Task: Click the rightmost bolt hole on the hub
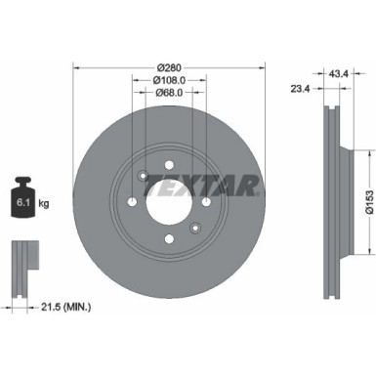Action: [x=204, y=200]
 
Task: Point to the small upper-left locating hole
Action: [x=145, y=176]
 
